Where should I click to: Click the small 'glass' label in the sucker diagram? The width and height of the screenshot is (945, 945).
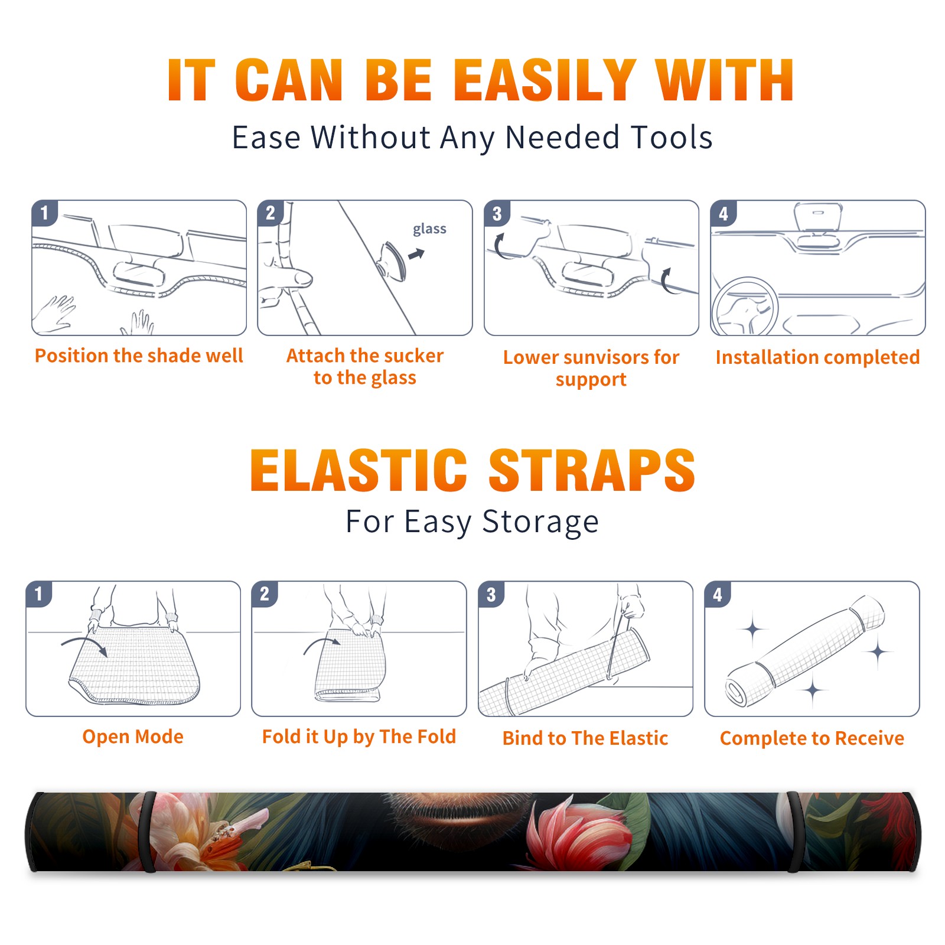pyautogui.click(x=429, y=229)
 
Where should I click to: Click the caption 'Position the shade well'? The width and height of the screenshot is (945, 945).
pyautogui.click(x=139, y=356)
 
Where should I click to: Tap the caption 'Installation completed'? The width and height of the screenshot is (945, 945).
pyautogui.click(x=817, y=357)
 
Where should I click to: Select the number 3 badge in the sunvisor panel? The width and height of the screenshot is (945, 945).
pyautogui.click(x=497, y=214)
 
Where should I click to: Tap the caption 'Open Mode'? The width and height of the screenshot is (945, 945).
pyautogui.click(x=133, y=737)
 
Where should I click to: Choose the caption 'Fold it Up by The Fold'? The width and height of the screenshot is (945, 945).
pyautogui.click(x=359, y=737)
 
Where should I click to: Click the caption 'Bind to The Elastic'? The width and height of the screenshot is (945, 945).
pyautogui.click(x=585, y=738)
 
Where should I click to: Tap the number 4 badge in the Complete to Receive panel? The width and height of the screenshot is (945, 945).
pyautogui.click(x=717, y=594)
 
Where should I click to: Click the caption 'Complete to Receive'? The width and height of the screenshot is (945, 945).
pyautogui.click(x=812, y=738)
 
